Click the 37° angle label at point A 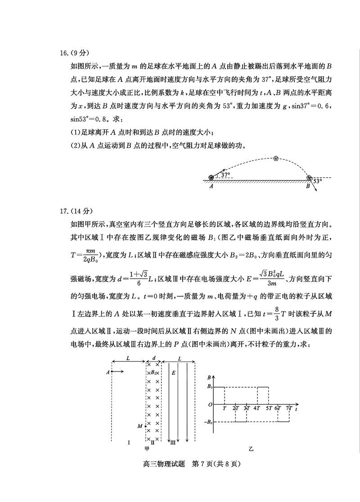225,175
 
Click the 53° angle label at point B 318,181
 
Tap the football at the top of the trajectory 276,158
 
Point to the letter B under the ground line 308,185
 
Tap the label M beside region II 140,425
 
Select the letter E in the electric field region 173,373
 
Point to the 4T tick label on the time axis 257,408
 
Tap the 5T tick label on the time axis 268,408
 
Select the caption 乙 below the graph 251,449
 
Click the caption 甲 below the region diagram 147,449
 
